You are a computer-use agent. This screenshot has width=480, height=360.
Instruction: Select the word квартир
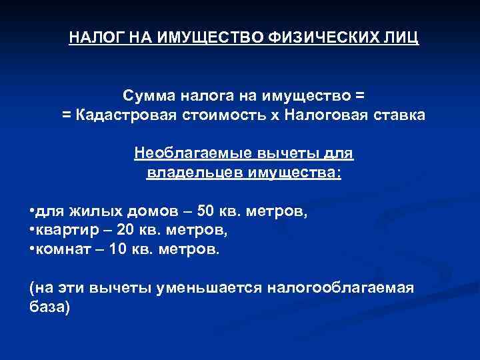point(63,231)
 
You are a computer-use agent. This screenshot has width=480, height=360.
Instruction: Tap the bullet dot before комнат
point(31,249)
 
